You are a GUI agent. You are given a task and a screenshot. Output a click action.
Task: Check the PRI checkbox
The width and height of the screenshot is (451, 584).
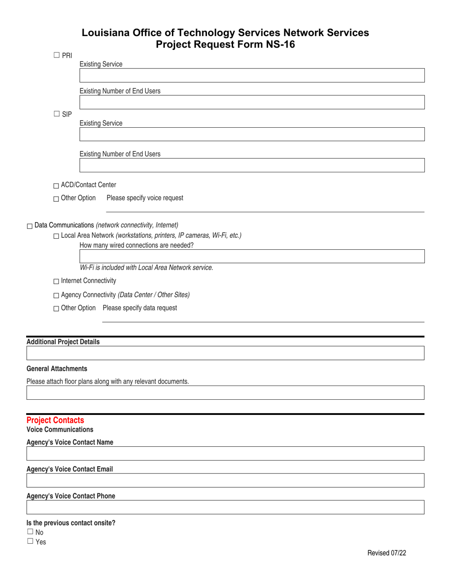click(x=56, y=55)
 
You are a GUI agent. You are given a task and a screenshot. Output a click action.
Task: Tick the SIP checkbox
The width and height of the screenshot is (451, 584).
click(x=56, y=114)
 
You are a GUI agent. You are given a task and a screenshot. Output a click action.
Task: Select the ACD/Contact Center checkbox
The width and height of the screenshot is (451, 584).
click(x=56, y=185)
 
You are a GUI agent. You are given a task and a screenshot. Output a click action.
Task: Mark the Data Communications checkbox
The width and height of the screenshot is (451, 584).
click(x=30, y=226)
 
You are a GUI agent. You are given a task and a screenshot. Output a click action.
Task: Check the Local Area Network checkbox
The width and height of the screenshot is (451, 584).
click(x=56, y=236)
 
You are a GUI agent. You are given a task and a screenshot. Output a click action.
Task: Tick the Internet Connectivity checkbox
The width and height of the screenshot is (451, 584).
click(x=56, y=282)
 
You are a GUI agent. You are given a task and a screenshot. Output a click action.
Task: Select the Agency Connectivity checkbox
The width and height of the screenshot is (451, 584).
click(x=56, y=295)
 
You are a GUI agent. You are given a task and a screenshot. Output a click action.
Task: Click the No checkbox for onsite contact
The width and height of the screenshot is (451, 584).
click(x=30, y=532)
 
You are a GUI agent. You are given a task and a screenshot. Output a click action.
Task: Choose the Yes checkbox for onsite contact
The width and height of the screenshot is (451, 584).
click(x=30, y=541)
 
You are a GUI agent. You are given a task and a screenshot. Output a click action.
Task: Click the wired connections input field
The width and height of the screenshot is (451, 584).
click(x=252, y=257)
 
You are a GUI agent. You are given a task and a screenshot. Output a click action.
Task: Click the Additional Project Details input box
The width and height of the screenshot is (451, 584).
click(x=225, y=353)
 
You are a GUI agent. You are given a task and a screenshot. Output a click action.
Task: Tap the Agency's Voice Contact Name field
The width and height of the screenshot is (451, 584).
click(x=225, y=453)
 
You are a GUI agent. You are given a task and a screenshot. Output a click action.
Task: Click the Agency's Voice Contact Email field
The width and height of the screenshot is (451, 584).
click(x=225, y=480)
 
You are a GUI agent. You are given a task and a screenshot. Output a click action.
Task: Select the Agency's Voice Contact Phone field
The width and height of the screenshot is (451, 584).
click(x=225, y=507)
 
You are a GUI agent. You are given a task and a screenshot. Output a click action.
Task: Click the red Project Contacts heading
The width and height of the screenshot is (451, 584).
click(x=55, y=420)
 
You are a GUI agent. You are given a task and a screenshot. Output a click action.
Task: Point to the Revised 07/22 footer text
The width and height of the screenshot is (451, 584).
click(x=387, y=553)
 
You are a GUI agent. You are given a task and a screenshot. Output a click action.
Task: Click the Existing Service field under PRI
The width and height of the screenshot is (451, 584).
click(x=252, y=76)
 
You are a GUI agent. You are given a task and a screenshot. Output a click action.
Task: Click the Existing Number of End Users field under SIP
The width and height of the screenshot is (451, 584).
click(x=252, y=165)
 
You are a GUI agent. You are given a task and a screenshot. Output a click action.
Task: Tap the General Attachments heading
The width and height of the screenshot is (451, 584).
click(x=57, y=368)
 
